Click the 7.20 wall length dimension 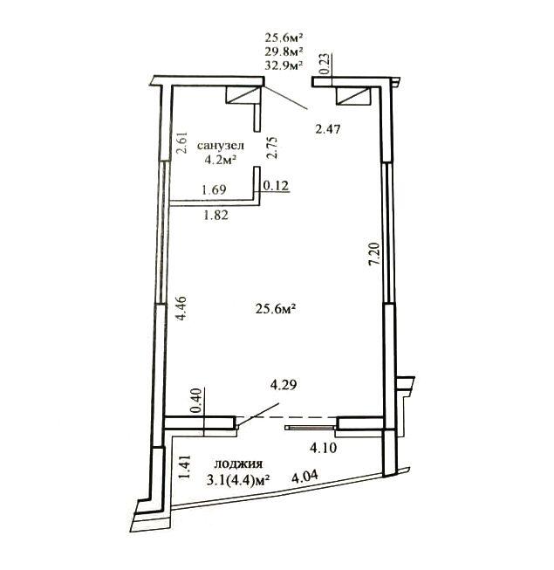(373, 255)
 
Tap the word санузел (221, 146)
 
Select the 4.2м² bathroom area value (221, 160)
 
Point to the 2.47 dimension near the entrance (328, 128)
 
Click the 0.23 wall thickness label (325, 64)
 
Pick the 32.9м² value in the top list (284, 65)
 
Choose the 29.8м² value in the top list (284, 51)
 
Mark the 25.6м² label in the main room (275, 309)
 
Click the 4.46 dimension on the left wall (181, 308)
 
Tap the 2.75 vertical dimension (271, 148)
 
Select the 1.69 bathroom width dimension (215, 189)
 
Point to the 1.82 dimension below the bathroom (216, 216)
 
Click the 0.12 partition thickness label (276, 186)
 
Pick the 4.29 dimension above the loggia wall (284, 385)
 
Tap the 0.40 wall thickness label (196, 401)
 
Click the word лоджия (239, 464)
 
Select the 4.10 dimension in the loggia (324, 448)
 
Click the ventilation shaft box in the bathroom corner (243, 95)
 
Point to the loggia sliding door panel (310, 428)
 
